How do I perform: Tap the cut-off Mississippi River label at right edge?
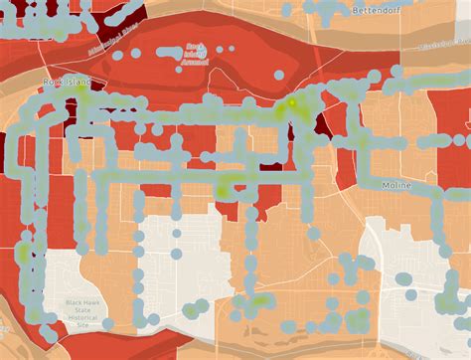pos(446,46)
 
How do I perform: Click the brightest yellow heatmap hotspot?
pos(292,102)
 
